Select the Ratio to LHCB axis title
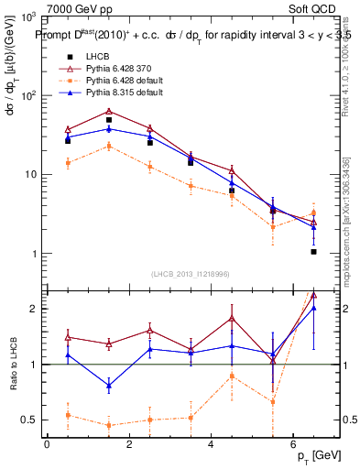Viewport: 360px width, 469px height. [12, 365]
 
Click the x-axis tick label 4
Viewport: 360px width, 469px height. [211, 445]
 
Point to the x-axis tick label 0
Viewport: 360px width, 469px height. [47, 445]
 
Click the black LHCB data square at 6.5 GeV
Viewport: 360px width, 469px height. [313, 251]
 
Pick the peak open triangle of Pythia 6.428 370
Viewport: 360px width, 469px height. [109, 112]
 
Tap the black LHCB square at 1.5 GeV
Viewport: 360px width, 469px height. [109, 120]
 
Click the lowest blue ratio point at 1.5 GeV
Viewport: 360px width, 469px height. [109, 386]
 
